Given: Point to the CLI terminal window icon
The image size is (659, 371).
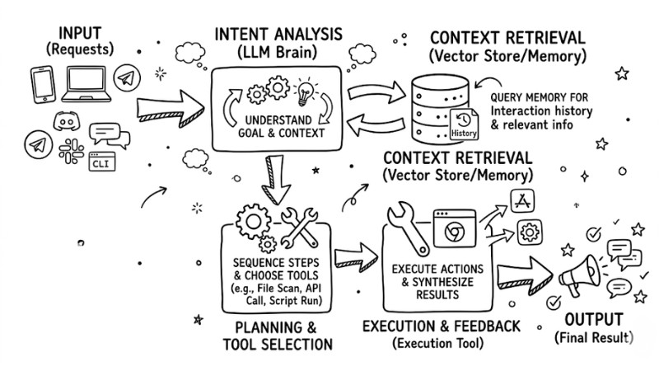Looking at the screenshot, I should (102, 161).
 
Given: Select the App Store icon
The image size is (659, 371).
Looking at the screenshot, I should (522, 200).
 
